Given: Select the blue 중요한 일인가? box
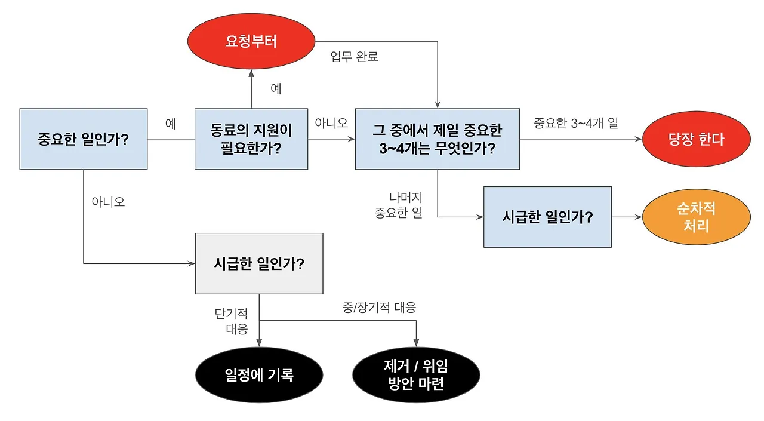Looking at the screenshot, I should [84, 139].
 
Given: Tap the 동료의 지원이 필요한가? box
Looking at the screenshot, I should [251, 139].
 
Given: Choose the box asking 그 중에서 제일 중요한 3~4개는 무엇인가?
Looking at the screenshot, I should [438, 139].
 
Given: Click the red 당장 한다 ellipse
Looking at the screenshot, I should [696, 139].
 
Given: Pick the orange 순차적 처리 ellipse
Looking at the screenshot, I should [696, 217].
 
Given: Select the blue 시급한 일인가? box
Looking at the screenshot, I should [547, 217].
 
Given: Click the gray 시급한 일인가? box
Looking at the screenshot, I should [259, 263].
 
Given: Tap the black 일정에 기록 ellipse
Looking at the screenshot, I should [259, 375].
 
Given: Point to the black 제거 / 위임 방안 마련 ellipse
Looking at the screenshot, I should [416, 375].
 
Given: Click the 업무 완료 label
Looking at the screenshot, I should [355, 57].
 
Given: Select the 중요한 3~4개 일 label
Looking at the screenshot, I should [576, 124].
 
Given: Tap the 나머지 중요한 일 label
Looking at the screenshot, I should [398, 205].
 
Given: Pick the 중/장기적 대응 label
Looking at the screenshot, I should [379, 308].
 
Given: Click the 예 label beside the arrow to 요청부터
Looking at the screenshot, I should [276, 89].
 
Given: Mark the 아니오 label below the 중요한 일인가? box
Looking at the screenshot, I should [108, 202].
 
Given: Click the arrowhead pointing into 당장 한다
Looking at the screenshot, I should [639, 139].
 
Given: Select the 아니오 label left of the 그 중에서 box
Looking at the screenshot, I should [331, 123].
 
